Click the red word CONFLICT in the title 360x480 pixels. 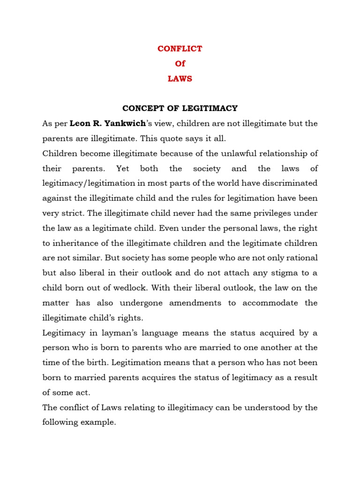(x=180, y=49)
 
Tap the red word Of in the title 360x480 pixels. (x=180, y=64)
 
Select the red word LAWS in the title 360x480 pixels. (x=180, y=79)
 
